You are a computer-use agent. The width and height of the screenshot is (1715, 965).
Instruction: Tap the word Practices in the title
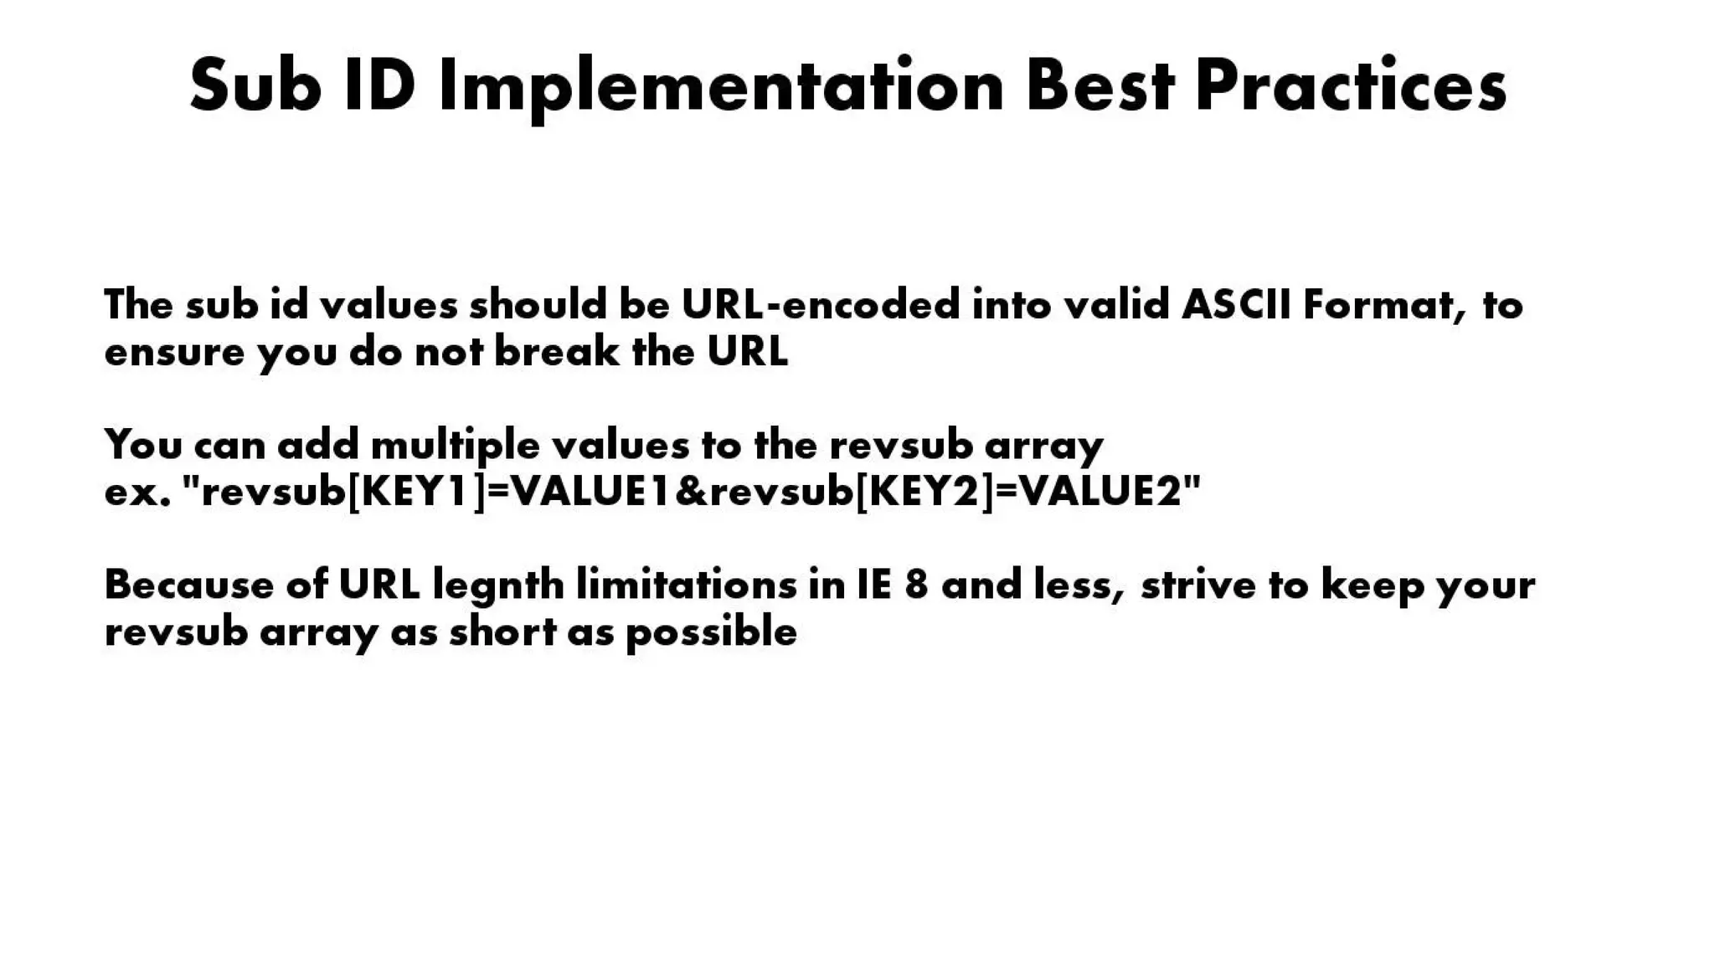1350,86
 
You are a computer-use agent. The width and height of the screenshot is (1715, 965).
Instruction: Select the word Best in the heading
1100,86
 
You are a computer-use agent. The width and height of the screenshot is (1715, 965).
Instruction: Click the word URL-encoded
820,304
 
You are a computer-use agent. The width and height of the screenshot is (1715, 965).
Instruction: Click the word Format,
1384,304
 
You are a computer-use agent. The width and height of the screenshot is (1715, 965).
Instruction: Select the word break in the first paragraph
556,351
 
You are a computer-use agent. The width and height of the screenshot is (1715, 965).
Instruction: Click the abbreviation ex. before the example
137,493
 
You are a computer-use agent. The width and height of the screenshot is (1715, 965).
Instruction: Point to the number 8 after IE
916,584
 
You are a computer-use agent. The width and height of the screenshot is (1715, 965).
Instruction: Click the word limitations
687,584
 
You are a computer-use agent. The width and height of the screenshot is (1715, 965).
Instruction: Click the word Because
188,584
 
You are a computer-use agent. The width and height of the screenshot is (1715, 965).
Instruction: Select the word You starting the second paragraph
143,444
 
